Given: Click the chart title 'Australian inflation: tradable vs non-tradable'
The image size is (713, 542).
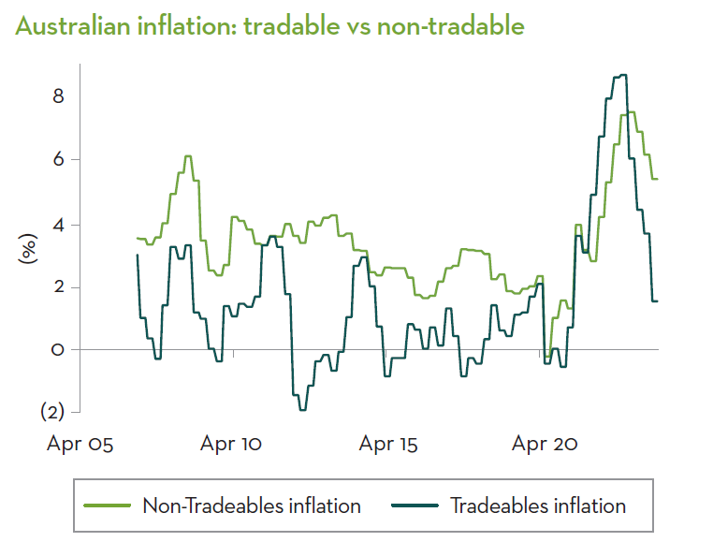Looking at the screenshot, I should (269, 26).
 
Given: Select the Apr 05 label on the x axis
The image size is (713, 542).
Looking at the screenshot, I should (80, 444).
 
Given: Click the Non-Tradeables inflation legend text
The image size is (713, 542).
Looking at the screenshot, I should (251, 506).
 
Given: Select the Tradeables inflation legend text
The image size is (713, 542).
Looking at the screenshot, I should (538, 506).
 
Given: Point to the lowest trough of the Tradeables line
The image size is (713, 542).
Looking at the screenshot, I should (302, 410).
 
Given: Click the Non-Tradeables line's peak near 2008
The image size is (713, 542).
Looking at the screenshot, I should (188, 156).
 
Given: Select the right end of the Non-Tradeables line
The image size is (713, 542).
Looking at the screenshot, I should (658, 179).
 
